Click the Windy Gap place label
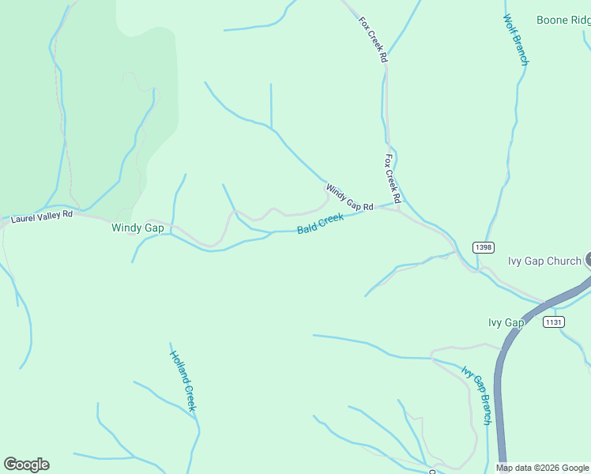137,228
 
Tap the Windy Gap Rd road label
349,197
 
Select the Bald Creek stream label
320,224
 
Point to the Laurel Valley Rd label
42,214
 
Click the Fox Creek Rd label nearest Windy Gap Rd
393,177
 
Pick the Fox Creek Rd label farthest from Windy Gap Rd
372,39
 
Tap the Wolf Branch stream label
515,39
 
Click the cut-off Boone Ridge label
563,20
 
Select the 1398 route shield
485,247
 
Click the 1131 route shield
554,322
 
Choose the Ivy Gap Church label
544,261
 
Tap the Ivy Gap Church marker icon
589,260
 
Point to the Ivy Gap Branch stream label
477,395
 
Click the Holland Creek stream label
183,381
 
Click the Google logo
26,465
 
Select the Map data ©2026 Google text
543,468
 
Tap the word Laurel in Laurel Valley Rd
24,216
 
